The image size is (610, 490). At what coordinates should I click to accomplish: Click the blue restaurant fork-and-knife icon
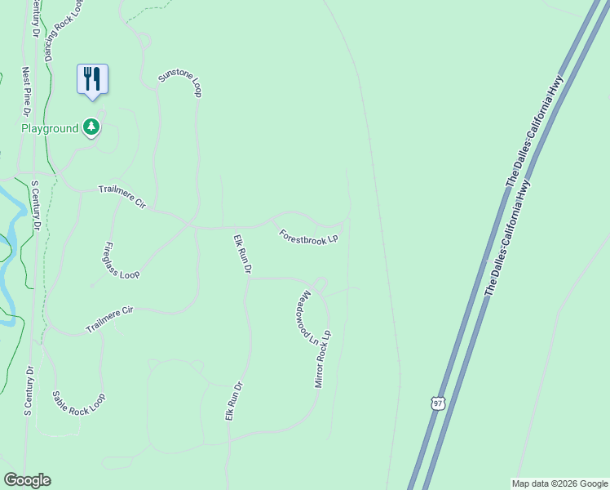click(x=92, y=79)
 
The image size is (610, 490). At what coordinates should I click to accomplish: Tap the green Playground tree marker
click(x=92, y=127)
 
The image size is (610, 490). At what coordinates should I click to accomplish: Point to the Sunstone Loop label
click(x=179, y=82)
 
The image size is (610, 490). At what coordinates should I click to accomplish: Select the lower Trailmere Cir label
click(x=109, y=320)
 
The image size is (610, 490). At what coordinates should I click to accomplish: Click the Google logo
click(x=27, y=480)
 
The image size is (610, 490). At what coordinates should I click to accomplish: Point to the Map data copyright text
click(x=559, y=483)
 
